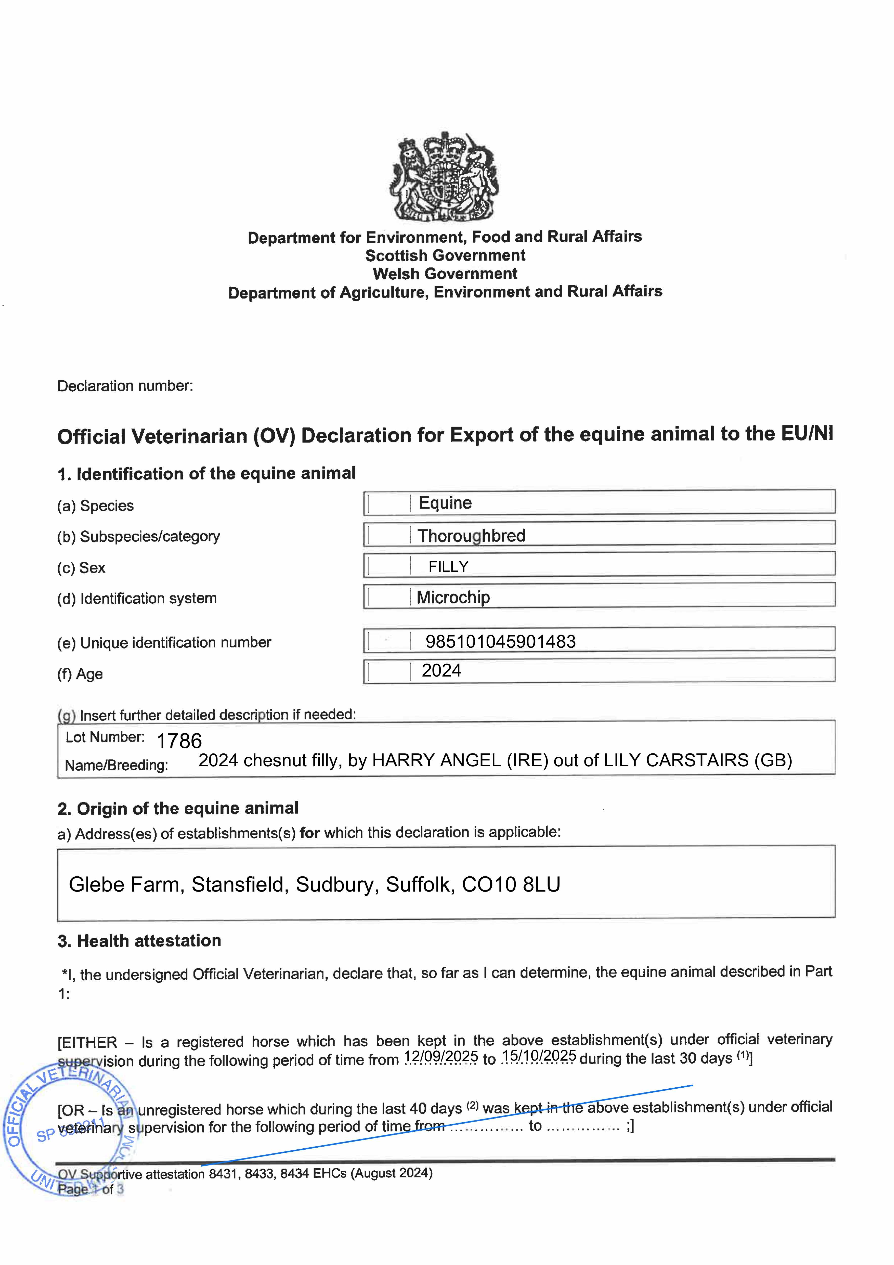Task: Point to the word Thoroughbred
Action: (471, 536)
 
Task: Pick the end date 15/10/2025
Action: (539, 1056)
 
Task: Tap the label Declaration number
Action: (125, 386)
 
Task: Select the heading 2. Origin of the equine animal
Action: (178, 808)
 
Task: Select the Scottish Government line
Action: (445, 256)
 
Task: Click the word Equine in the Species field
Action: (445, 503)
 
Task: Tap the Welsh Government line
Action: (445, 274)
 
